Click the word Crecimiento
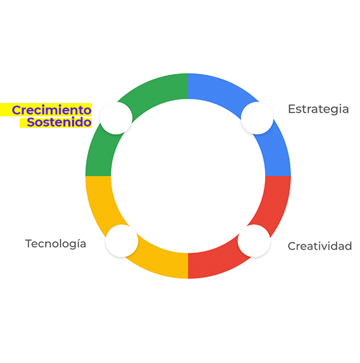click(51, 110)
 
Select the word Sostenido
click(59, 122)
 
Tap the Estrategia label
click(318, 109)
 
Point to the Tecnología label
click(56, 244)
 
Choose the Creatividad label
click(320, 246)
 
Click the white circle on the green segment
click(116, 118)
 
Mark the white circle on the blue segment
click(257, 118)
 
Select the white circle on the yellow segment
click(122, 241)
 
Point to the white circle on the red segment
click(254, 241)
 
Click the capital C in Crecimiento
click(16, 110)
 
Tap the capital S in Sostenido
click(31, 122)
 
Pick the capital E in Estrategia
click(292, 109)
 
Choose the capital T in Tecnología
click(29, 243)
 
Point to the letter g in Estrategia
click(332, 111)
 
